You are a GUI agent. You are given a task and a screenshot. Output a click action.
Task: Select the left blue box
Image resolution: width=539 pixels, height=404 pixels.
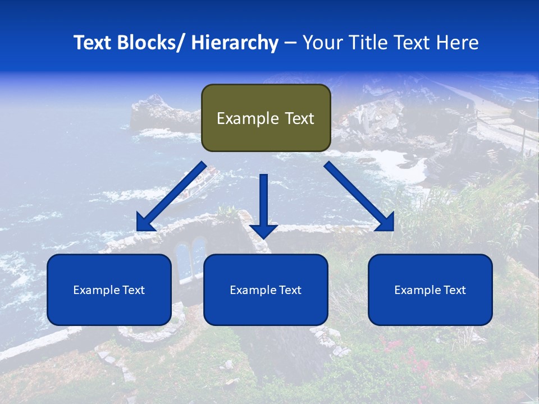point(109,290)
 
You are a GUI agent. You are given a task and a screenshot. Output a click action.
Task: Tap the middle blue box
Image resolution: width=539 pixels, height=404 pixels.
point(266,290)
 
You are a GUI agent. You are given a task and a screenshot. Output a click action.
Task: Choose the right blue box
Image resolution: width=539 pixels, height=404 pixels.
point(430,290)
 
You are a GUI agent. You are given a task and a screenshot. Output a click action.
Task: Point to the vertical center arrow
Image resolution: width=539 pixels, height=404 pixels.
point(263,202)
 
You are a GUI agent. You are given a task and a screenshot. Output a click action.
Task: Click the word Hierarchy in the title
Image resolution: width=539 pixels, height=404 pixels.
point(235,43)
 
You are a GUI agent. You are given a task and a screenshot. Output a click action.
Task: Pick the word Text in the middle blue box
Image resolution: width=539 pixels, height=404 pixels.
point(289,290)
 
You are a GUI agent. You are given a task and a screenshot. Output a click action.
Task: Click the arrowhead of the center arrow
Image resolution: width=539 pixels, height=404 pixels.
point(263,231)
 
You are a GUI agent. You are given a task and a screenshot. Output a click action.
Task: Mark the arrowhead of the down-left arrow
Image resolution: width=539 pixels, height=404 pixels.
point(144,223)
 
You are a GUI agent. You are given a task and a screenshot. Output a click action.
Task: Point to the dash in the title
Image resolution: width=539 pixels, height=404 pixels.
point(290,43)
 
